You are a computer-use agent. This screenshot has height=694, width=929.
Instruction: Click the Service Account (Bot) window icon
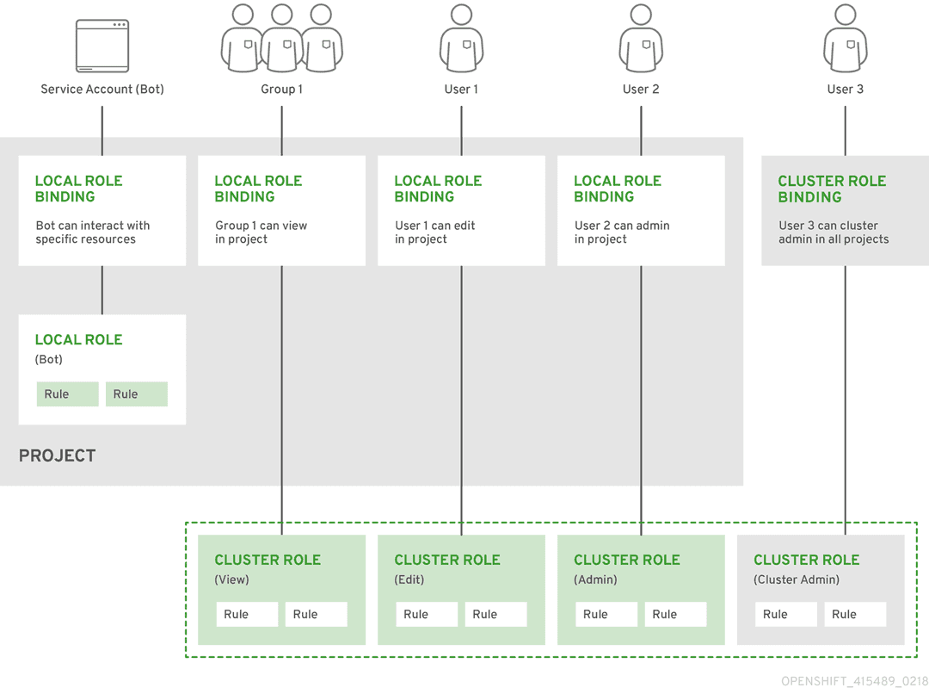coord(102,46)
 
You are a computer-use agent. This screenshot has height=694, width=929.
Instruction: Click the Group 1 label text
coord(281,89)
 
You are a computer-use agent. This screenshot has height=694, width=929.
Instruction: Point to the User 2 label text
coord(641,89)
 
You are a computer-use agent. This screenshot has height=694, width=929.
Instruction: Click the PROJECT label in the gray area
coord(57,455)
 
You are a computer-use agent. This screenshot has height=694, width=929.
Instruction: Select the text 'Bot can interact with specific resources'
coord(92,232)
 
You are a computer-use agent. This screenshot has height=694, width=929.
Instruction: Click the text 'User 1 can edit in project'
coord(434,232)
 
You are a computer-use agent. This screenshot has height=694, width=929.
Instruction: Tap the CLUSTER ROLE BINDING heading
coord(831,189)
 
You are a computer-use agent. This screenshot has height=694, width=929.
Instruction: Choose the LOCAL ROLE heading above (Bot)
coord(78,339)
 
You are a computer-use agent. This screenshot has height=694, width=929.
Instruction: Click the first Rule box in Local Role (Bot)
coord(67,394)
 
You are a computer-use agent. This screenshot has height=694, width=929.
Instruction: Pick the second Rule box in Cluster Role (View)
coord(316,614)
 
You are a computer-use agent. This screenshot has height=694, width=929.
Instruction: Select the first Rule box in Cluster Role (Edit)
coord(426,614)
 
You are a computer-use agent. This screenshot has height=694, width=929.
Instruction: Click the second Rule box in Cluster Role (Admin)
coord(675,614)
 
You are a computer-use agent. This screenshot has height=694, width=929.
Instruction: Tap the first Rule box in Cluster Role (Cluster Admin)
coord(785,614)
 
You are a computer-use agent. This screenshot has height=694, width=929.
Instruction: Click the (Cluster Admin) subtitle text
coord(797,579)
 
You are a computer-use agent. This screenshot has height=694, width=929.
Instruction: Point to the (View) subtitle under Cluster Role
coord(231,579)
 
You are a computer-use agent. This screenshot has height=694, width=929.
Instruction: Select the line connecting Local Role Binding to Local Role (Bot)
coord(102,289)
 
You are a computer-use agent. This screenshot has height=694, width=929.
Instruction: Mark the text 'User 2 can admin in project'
coord(621,232)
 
